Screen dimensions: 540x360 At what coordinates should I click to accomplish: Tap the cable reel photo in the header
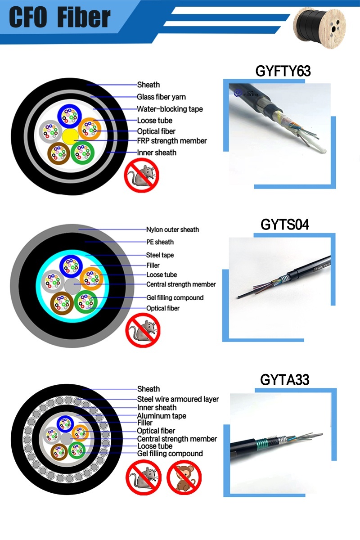pos(320,24)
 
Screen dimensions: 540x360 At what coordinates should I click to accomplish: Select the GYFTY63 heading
pos(283,71)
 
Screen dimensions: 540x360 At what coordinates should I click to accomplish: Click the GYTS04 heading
pos(285,225)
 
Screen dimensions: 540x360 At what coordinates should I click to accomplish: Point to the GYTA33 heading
pos(285,380)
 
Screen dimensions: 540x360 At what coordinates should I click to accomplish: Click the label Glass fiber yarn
pos(161,97)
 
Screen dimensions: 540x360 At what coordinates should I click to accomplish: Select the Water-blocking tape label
pos(170,109)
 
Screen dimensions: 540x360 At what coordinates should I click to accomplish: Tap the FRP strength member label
pos(172,141)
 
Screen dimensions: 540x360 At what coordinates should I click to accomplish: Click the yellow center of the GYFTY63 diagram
pos(70,135)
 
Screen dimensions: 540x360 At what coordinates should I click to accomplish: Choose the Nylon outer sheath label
pos(172,229)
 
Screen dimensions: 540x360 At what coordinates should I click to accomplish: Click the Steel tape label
pos(160,255)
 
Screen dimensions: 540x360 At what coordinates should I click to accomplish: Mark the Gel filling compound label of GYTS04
pos(175,297)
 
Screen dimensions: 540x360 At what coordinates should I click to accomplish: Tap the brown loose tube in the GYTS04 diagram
pos(62,303)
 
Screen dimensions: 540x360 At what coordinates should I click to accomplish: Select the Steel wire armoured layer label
pos(178,399)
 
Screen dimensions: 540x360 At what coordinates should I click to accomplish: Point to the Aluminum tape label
pos(162,416)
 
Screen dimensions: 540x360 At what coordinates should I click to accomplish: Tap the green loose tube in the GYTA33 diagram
pos(77,450)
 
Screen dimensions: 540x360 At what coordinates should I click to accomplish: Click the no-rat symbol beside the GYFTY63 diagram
pos(142,175)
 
